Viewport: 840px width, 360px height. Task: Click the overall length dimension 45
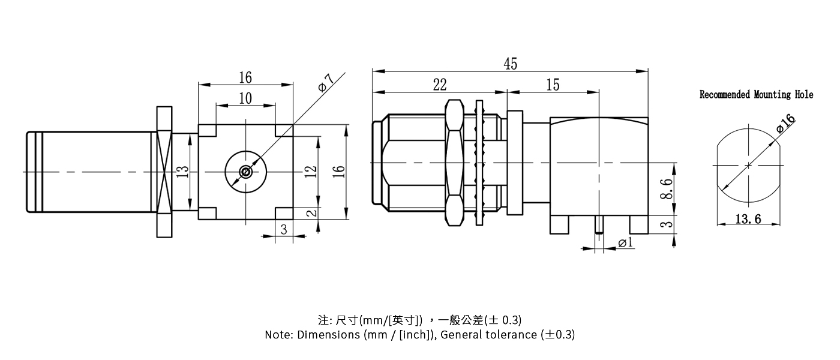[510, 64]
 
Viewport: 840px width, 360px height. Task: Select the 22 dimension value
[440, 85]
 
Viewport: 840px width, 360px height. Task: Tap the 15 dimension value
[553, 85]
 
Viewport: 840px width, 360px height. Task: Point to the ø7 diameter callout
[325, 83]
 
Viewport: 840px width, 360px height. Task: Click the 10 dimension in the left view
[245, 98]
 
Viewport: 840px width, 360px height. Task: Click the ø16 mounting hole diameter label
[785, 123]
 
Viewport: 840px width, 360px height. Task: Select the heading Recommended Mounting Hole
[756, 95]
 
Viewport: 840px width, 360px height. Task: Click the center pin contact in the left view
[245, 172]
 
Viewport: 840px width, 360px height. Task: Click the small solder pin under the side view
[598, 225]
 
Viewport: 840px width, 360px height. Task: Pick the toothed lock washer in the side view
[479, 163]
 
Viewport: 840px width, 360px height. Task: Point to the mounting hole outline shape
[748, 165]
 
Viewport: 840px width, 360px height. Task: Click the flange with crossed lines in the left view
[164, 172]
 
